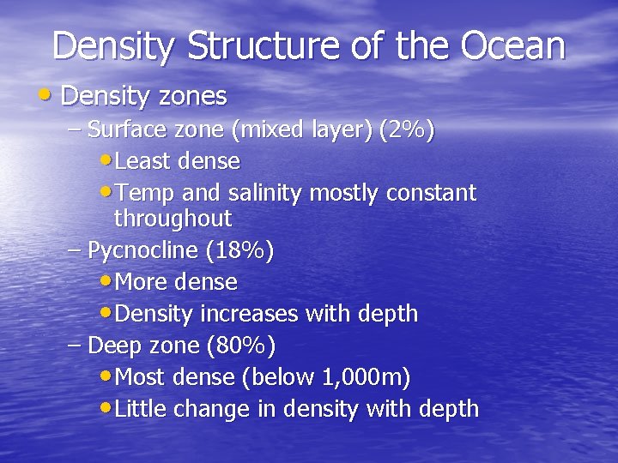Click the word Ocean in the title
(513, 45)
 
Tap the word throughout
(173, 219)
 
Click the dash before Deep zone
(74, 346)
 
